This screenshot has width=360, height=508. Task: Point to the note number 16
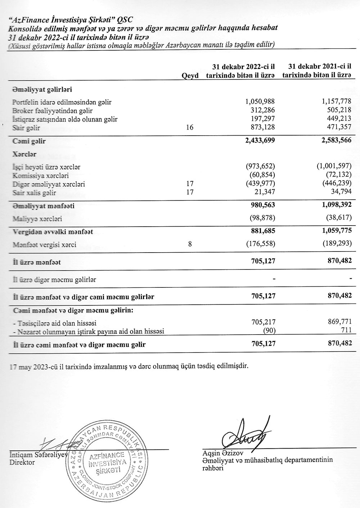(190, 128)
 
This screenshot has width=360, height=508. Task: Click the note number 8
(190, 245)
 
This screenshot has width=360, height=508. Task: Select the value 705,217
(263, 323)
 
